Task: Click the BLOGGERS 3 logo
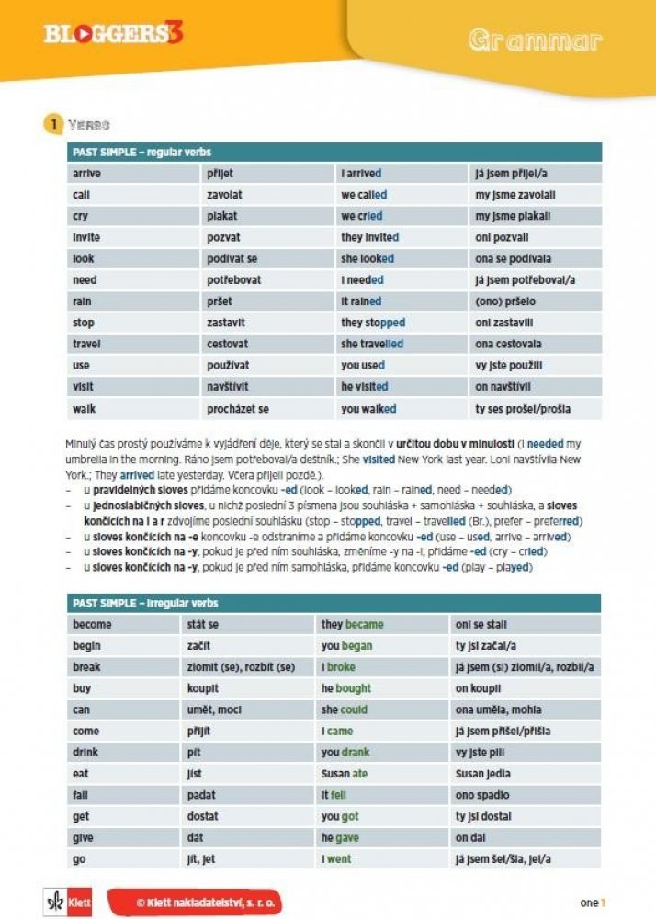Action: pos(113,34)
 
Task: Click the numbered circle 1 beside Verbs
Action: pos(53,124)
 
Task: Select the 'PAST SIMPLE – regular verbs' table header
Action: pos(335,152)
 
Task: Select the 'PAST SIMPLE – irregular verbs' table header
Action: pos(335,603)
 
